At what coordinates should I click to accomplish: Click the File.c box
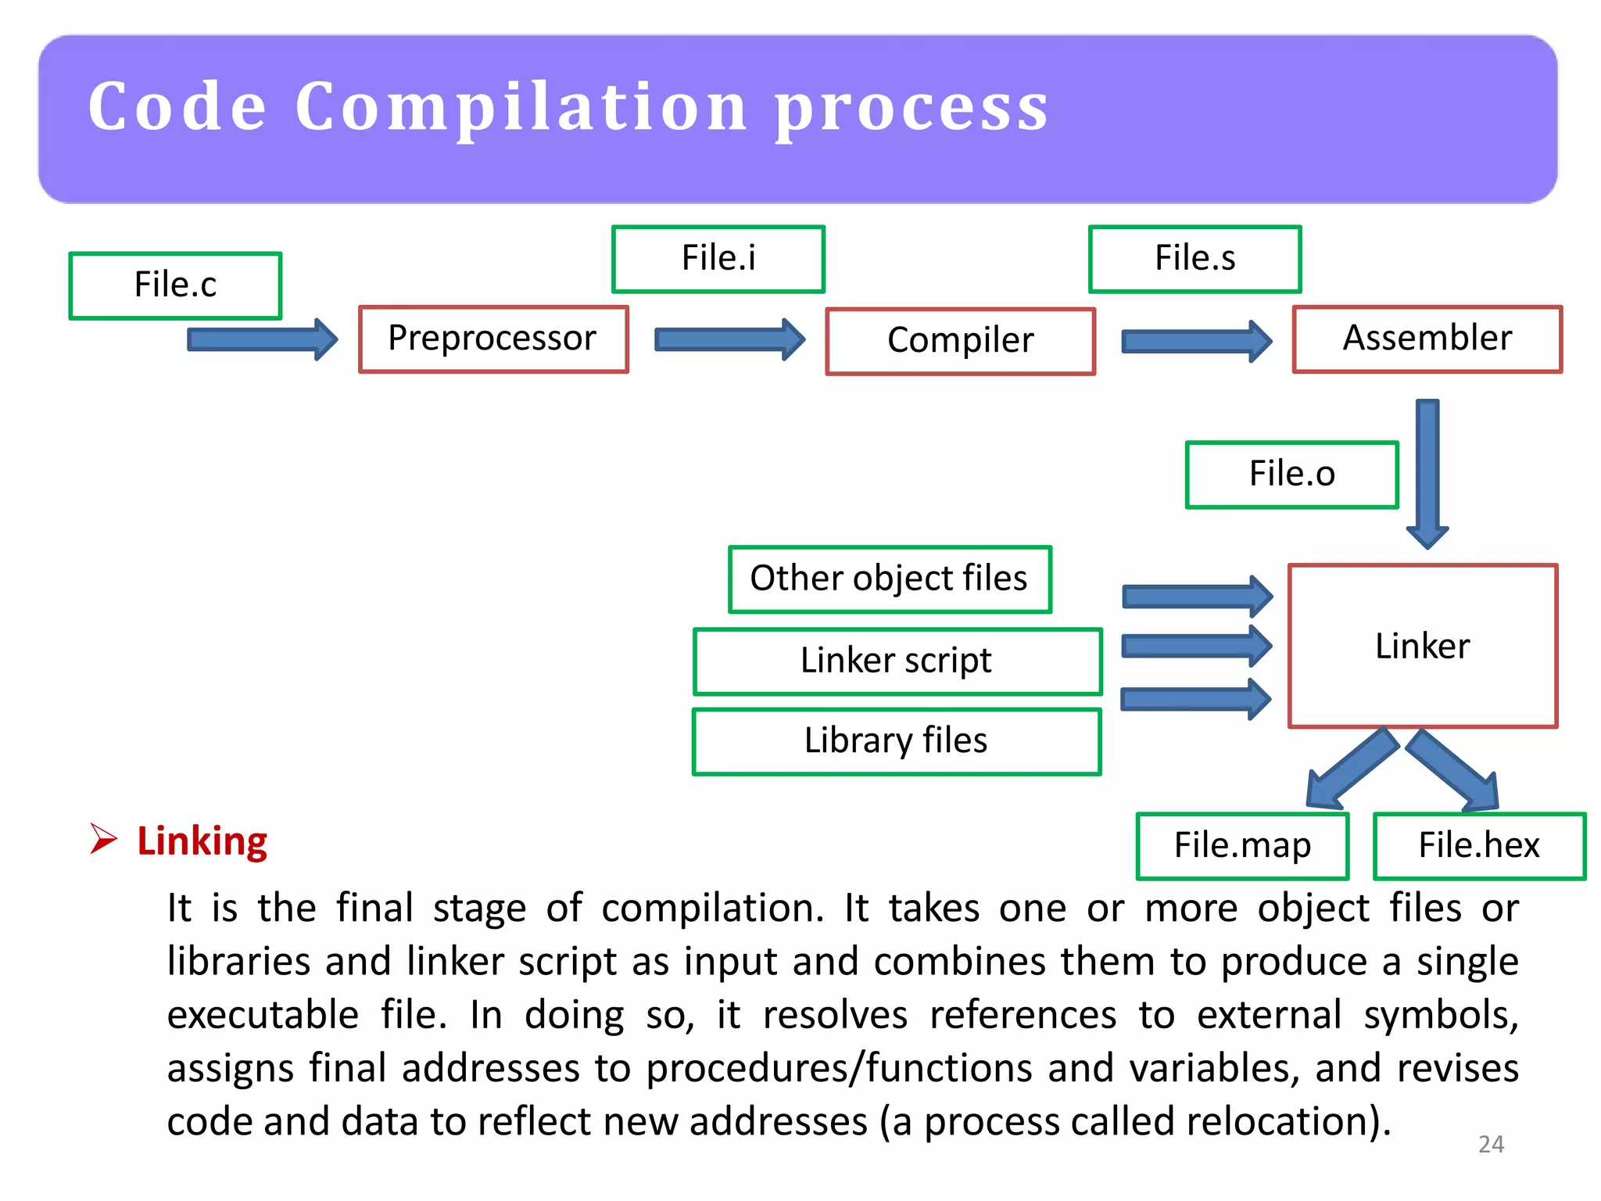(175, 285)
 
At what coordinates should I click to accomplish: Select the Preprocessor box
(492, 339)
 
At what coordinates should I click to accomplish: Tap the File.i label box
(718, 259)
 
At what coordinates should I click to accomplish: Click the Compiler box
(960, 341)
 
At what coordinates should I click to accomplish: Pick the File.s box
(1194, 259)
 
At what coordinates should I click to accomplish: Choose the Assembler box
(1427, 339)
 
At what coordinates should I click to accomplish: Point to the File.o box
(1291, 475)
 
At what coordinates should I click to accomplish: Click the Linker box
(1422, 646)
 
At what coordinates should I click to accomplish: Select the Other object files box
(889, 579)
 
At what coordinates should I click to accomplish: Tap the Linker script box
(897, 661)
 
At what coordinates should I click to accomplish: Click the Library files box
(896, 741)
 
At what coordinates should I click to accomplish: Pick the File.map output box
(1242, 846)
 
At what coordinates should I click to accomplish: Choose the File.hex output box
(1478, 846)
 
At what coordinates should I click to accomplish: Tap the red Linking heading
(202, 841)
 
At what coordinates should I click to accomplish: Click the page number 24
(1491, 1144)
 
